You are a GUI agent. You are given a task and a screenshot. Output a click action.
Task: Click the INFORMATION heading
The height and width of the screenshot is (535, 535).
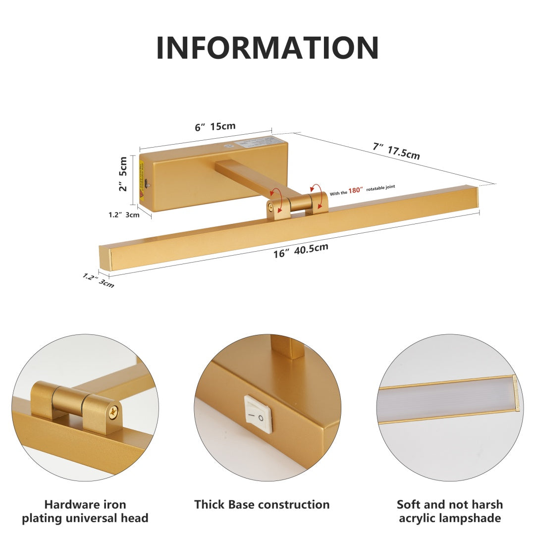coord(267,48)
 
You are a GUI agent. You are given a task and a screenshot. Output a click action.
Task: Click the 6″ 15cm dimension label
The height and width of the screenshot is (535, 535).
coord(215,127)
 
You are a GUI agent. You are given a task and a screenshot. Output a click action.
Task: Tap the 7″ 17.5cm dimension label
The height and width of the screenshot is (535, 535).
coord(396,151)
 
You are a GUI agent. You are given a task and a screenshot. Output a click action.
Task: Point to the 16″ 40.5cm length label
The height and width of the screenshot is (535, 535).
coord(301,251)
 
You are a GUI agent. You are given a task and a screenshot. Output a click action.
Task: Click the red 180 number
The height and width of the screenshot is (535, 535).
coord(355,189)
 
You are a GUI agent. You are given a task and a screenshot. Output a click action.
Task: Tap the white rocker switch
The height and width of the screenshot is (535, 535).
coord(258,414)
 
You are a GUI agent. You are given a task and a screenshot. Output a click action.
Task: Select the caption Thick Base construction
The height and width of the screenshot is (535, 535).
coord(262,505)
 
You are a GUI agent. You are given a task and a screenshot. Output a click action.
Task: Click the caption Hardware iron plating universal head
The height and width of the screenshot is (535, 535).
coord(96,511)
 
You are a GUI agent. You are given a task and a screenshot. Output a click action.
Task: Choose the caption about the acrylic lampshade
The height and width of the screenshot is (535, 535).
coord(449,511)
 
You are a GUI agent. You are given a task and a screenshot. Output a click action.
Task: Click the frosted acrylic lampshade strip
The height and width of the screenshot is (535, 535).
coord(446,399)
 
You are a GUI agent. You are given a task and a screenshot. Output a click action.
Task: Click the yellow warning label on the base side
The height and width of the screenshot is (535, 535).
coord(142,173)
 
